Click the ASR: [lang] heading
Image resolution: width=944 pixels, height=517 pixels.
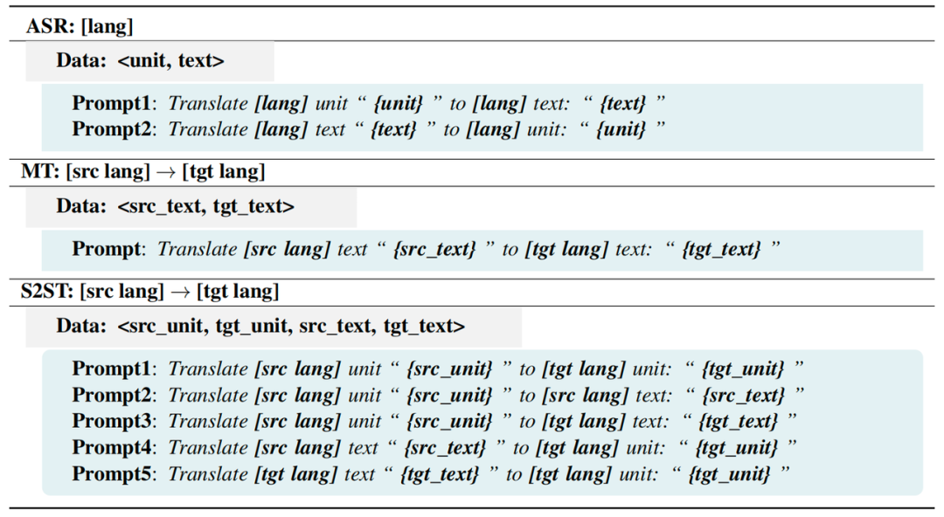click(80, 26)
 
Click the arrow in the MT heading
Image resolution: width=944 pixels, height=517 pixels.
click(165, 172)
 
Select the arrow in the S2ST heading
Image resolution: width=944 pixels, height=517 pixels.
click(180, 292)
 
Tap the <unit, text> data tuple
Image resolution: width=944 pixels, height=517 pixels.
click(171, 61)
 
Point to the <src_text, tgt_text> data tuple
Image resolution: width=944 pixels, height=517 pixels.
click(206, 206)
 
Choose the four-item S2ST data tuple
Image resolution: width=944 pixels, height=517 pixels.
click(291, 327)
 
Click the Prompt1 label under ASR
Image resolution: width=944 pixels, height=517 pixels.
click(111, 104)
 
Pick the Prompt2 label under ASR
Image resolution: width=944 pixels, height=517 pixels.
click(111, 129)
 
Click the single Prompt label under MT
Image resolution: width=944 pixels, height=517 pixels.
click(106, 249)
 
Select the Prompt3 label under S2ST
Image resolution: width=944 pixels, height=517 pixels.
click(111, 421)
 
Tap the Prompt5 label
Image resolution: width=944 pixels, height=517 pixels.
click(111, 474)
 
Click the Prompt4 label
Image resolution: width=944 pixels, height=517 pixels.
click(111, 448)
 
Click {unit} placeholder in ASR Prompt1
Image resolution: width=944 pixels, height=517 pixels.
click(399, 104)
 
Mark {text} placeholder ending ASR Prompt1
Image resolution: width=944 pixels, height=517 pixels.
click(623, 104)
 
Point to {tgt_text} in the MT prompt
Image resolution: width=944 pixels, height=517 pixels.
click(721, 249)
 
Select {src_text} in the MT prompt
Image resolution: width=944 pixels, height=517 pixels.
click(434, 249)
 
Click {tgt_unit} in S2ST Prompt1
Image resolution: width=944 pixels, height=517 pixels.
click(743, 369)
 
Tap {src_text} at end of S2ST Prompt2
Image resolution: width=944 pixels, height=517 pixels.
click(744, 396)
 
